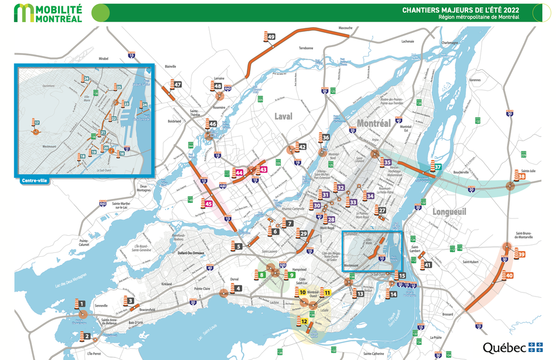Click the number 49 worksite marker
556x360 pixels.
271,37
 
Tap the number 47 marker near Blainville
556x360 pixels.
178,85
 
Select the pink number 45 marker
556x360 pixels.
209,204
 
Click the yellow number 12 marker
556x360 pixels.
305,321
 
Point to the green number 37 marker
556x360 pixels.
438,167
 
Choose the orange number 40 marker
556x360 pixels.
509,276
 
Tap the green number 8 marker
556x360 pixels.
262,275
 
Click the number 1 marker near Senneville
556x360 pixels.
82,304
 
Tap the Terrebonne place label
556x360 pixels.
306,48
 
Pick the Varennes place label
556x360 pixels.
475,81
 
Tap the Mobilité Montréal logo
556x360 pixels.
48,12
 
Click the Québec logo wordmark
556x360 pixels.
504,346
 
